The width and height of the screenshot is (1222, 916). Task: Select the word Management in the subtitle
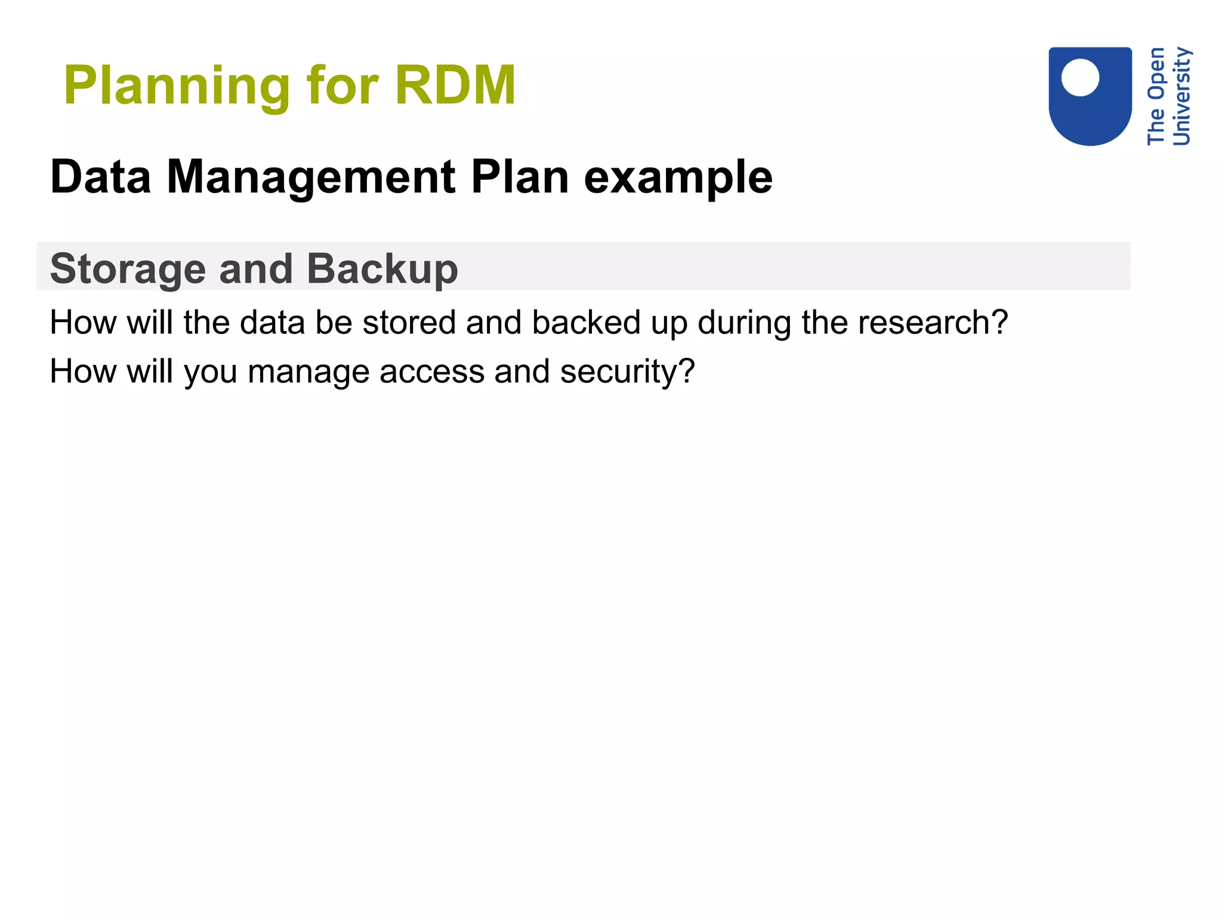coord(310,177)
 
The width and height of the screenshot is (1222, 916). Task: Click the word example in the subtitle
coord(678,178)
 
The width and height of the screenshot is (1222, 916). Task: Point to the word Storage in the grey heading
coord(128,269)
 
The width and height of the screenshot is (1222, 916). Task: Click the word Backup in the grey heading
coord(382,269)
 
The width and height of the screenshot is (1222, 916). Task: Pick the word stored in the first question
coord(409,323)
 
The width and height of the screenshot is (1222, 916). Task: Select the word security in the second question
coord(627,372)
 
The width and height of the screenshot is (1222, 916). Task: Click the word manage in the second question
coord(308,372)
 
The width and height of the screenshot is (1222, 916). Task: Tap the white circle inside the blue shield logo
coord(1080,78)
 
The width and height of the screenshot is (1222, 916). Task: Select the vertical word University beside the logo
coord(1181,97)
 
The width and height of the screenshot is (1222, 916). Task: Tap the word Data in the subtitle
coord(101,177)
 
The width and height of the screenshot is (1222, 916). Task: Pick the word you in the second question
coord(211,372)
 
